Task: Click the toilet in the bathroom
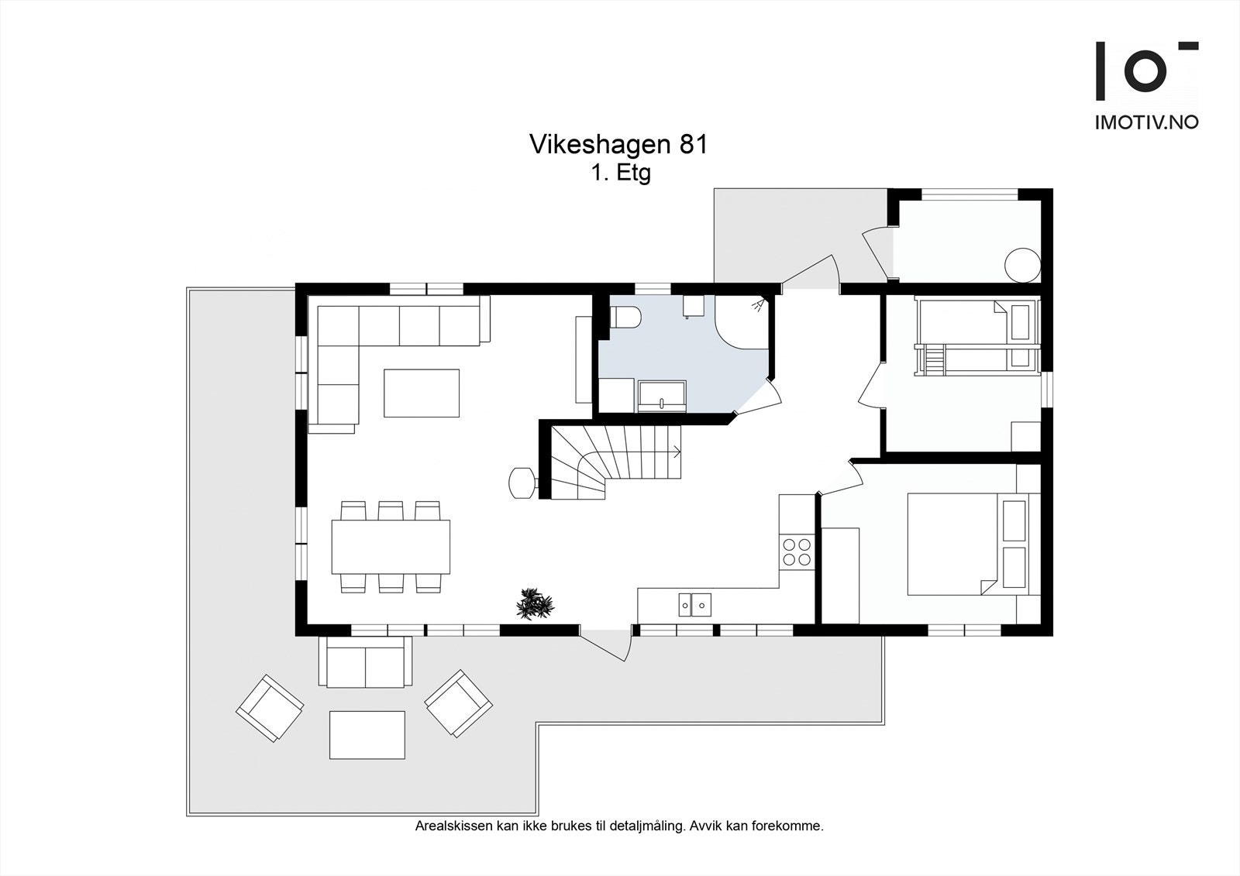click(625, 318)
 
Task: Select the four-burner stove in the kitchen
click(797, 550)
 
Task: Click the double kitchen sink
click(695, 603)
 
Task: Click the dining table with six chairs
click(391, 547)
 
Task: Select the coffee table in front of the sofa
click(422, 393)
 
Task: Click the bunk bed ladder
click(935, 361)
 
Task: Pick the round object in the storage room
click(1022, 265)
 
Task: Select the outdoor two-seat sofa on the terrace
click(365, 663)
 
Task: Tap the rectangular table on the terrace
click(367, 735)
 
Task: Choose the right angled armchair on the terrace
click(459, 703)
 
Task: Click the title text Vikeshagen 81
click(618, 145)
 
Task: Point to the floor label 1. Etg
click(621, 173)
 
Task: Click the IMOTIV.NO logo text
click(1146, 122)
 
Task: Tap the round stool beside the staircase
click(522, 482)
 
